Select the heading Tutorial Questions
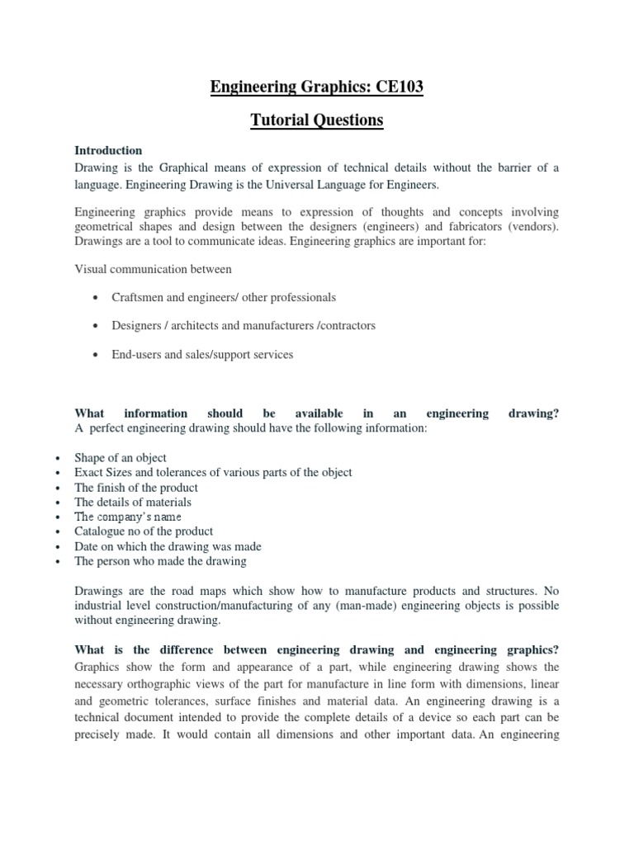point(317,120)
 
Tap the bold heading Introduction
point(108,150)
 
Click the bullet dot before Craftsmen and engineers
point(97,297)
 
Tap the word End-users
point(136,354)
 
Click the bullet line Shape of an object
point(121,457)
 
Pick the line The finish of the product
point(136,487)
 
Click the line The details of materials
point(133,502)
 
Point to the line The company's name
point(128,517)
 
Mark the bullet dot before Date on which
point(56,547)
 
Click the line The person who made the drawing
point(160,561)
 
